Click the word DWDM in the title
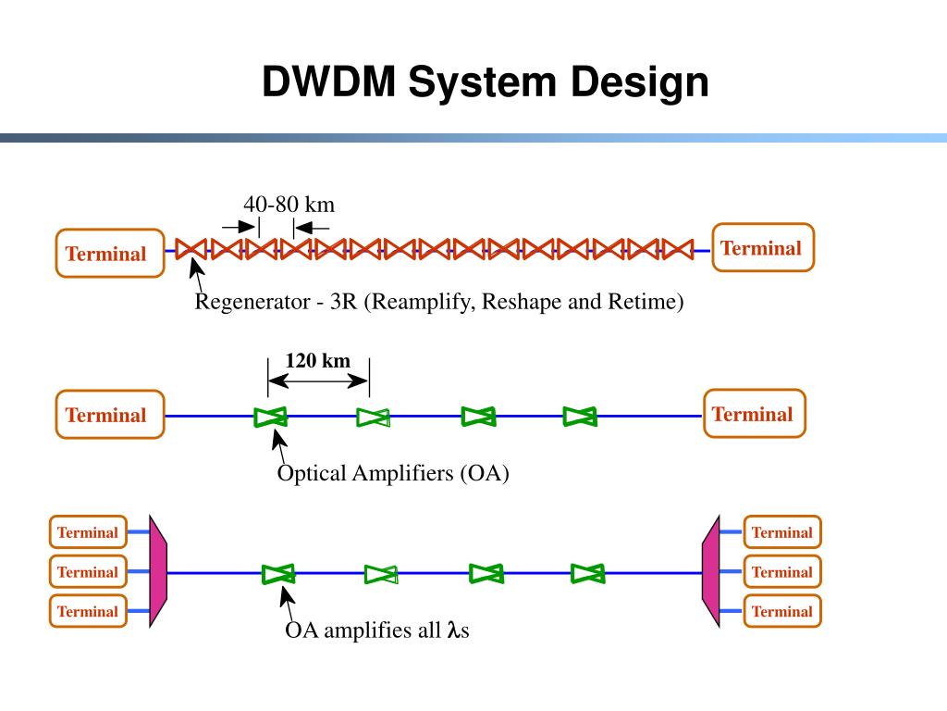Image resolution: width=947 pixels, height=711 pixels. coord(328,81)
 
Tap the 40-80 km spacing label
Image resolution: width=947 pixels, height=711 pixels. coord(289,205)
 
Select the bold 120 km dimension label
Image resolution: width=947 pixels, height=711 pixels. coord(318,360)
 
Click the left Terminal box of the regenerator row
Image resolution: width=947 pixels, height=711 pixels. coord(110,254)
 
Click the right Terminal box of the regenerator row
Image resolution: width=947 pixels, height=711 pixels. coord(763,247)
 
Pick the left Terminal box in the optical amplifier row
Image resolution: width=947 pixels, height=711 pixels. coord(110,414)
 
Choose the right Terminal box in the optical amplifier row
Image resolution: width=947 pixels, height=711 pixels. coord(755,413)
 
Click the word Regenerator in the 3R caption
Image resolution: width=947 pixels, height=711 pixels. coord(252,301)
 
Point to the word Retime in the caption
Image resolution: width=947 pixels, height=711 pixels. coord(642,301)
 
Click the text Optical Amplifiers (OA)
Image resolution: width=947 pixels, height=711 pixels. coord(393,473)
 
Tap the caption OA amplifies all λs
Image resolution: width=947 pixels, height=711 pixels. coord(377,630)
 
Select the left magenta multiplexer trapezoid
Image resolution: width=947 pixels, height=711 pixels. coord(157,570)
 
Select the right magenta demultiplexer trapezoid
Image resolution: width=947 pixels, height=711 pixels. coord(711,570)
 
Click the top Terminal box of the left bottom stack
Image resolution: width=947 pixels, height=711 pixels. coord(88,532)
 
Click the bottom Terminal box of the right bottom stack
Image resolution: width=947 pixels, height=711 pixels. coord(782,611)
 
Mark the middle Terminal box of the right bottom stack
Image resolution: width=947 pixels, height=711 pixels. coord(782,572)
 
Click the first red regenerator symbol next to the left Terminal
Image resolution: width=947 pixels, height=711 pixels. coord(191,249)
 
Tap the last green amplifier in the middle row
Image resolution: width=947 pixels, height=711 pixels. coord(580,417)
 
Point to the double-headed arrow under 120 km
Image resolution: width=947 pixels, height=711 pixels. coord(318,380)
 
